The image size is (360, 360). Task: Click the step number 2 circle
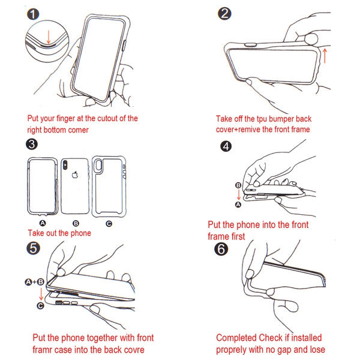coord(225,14)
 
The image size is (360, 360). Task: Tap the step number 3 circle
coord(32,144)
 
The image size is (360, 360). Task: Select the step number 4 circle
coord(226,146)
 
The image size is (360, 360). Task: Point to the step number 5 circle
coord(33,248)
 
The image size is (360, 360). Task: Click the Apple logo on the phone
coord(76,176)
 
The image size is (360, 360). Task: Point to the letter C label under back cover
coord(108,223)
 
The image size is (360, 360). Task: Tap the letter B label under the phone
coord(76,223)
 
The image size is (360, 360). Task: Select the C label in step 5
coord(40,306)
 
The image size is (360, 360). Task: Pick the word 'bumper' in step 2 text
coord(281,119)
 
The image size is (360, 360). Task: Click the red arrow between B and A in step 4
coord(238,195)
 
